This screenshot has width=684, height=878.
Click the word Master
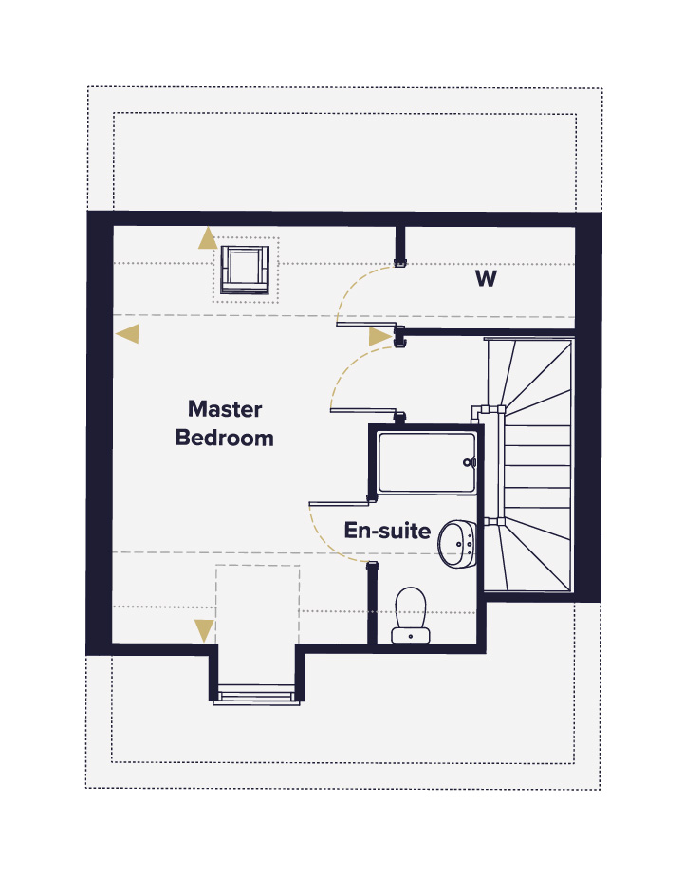tap(225, 409)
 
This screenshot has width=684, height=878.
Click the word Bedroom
tap(225, 438)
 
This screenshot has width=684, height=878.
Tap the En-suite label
tap(387, 531)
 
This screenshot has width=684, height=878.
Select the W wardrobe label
tap(486, 278)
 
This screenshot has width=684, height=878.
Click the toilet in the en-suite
tap(410, 615)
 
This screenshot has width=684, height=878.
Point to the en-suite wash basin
tap(456, 544)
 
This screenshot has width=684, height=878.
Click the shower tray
tap(427, 462)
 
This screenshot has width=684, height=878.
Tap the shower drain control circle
tap(468, 462)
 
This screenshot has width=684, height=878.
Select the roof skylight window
tap(245, 270)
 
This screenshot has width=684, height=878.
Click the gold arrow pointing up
tap(208, 238)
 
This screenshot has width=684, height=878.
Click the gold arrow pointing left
tap(128, 334)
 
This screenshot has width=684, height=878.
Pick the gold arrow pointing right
tap(380, 337)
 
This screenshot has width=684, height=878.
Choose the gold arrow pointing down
tap(204, 630)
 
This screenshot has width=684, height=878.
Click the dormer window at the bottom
tap(256, 696)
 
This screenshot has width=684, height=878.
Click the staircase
tap(529, 465)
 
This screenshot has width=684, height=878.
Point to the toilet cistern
tap(410, 636)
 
